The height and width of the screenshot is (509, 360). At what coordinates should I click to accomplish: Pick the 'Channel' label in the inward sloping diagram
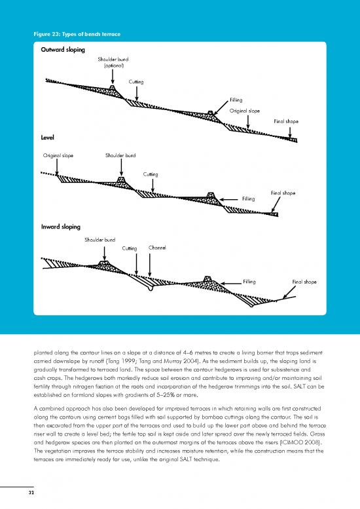click(157, 248)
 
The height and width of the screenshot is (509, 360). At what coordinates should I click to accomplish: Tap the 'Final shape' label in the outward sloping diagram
click(286, 122)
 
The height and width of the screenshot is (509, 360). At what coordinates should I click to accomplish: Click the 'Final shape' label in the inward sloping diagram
click(304, 282)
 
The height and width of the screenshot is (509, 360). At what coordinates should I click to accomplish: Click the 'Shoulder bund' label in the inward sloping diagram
click(100, 239)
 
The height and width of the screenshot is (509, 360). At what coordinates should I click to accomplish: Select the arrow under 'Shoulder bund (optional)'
click(113, 78)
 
